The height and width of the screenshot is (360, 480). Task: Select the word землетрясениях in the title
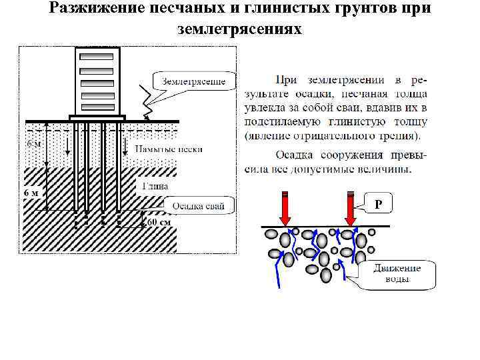[x=240, y=29]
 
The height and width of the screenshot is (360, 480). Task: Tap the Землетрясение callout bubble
[x=194, y=81]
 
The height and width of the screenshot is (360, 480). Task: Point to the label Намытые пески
[x=169, y=149]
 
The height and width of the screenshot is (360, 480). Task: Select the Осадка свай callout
[x=199, y=205]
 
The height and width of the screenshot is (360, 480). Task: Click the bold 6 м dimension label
[x=32, y=193]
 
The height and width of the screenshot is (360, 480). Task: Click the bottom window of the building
[x=96, y=106]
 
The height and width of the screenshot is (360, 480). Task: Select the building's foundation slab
[x=97, y=118]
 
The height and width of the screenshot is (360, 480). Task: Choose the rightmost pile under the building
[x=118, y=167]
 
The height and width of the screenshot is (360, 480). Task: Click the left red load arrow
[x=285, y=209]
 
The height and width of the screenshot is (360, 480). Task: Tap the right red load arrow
[x=351, y=209]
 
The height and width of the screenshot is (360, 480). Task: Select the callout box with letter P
[x=378, y=203]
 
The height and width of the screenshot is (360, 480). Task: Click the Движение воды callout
[x=397, y=273]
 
